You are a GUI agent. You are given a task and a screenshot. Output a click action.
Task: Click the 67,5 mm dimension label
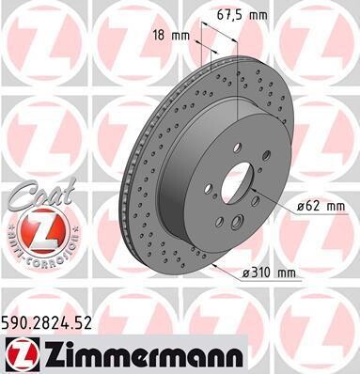coord(243,15)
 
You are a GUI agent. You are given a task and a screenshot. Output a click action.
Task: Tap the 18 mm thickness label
coord(171,36)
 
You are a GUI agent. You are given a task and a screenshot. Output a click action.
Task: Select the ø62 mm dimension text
coord(321,206)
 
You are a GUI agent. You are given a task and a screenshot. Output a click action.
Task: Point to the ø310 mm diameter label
coord(269,273)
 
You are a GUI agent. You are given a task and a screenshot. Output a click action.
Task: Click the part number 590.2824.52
coord(47,323)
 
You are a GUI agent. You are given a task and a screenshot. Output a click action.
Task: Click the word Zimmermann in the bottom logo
coord(144,356)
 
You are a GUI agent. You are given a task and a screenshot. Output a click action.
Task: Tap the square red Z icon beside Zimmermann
coord(23,356)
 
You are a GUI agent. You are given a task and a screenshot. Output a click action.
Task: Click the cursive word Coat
coord(42,195)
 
